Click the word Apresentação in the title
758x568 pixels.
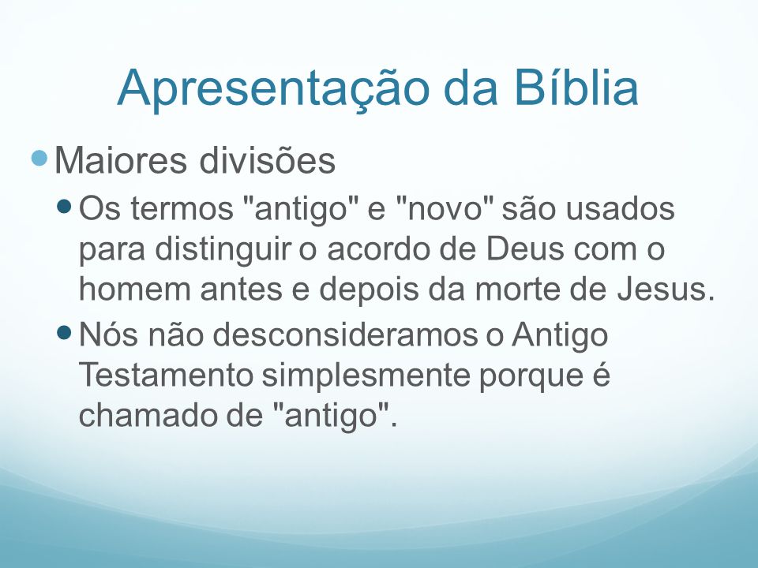273,88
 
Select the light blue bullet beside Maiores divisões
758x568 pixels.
39,158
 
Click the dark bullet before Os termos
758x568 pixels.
64,207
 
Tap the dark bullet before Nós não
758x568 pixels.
64,332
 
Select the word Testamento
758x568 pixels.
166,374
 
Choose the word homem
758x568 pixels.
135,290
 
